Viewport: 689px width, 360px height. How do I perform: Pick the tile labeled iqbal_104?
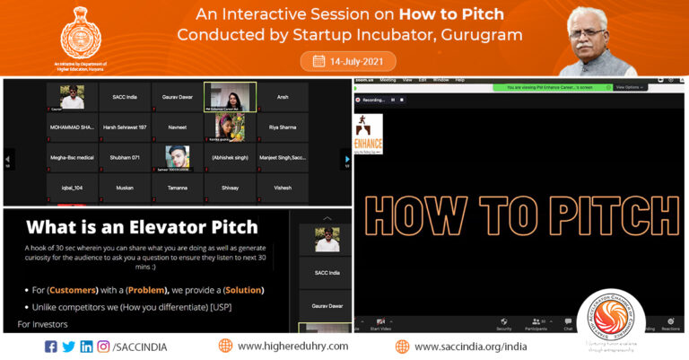[x=72, y=188]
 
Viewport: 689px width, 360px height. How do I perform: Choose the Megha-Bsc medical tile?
[x=72, y=158]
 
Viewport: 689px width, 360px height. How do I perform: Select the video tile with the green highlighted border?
[x=230, y=97]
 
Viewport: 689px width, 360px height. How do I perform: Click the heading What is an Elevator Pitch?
[x=142, y=227]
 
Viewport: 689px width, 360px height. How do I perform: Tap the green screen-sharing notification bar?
[x=551, y=87]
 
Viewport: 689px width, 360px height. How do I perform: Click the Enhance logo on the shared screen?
[x=369, y=134]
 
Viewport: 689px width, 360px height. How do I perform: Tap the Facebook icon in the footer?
[x=50, y=347]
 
